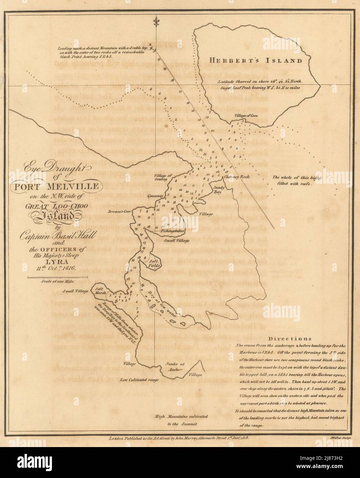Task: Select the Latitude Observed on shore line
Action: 260,82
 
